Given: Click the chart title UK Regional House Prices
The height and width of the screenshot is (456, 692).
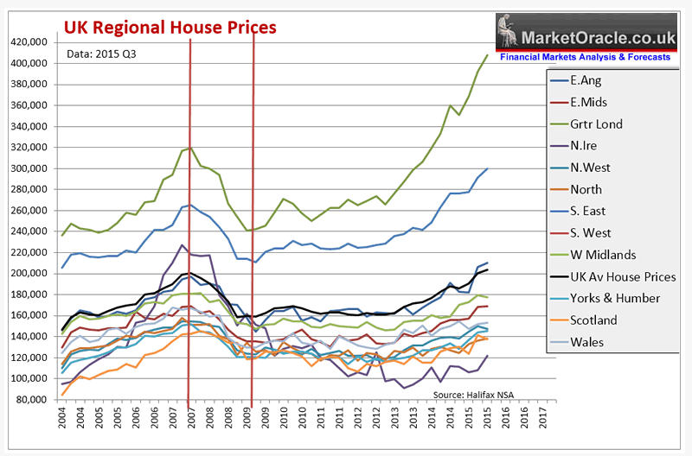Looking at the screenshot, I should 170,28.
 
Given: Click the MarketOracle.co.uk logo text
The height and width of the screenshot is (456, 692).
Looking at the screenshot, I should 598,38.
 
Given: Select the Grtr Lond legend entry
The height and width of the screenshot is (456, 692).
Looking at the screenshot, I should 597,124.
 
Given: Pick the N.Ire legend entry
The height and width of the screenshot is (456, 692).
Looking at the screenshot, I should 586,146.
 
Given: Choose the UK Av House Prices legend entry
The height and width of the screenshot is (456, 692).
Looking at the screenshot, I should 624,276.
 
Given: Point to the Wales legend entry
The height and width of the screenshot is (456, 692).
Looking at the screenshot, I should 586,341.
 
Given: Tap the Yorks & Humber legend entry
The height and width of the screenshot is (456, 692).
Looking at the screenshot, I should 619,298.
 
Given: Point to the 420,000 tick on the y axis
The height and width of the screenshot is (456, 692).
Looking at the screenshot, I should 27,41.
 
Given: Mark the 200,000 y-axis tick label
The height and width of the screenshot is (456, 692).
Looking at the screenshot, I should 27,274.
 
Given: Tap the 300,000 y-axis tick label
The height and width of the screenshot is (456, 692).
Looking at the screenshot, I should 27,168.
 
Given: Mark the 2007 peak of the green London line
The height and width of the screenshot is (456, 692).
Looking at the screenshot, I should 189,149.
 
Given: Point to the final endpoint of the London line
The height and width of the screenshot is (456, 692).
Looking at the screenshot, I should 488,55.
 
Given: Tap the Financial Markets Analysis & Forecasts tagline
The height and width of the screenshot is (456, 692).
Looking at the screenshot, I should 586,57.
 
